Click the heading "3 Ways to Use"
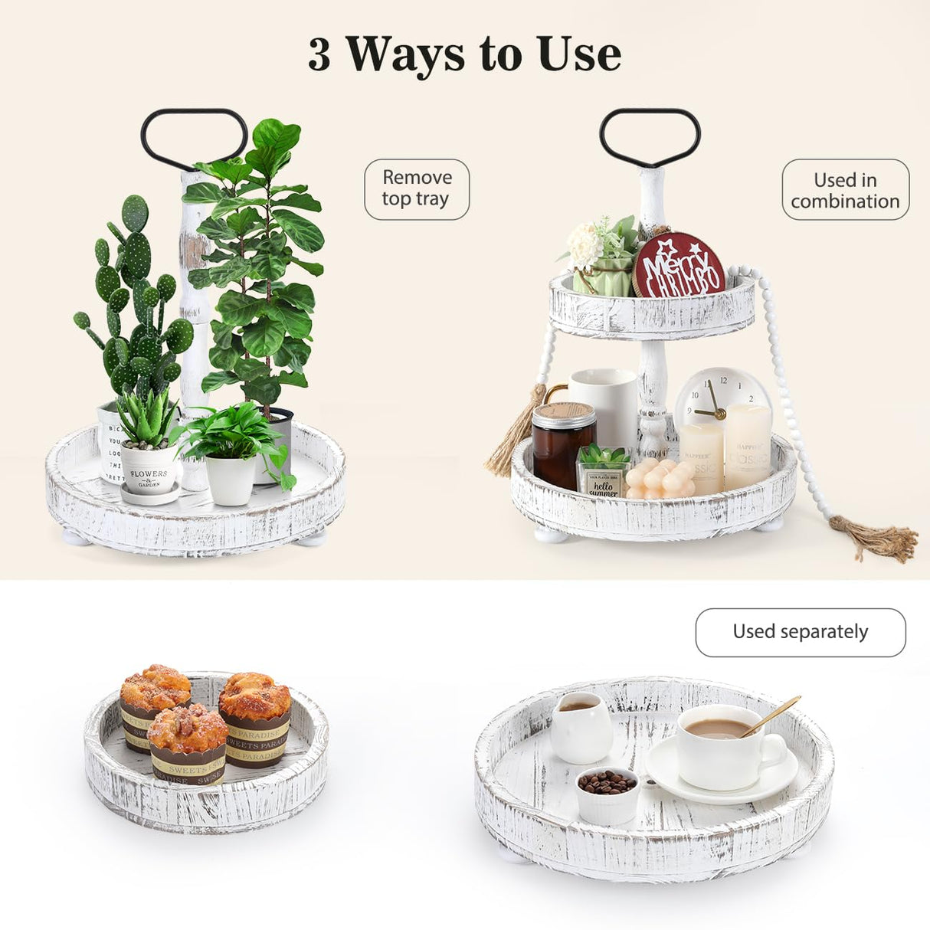pos(464,54)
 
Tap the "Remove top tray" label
pos(416,188)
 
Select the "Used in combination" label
pos(845,190)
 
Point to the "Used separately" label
pos(800,632)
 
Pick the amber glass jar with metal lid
pos(563,444)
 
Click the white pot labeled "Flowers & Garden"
pos(149,468)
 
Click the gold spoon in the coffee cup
pos(771,716)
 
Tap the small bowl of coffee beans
pos(607,794)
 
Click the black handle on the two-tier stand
pos(650,136)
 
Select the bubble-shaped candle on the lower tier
pos(660,479)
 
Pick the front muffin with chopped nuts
pos(188,743)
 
